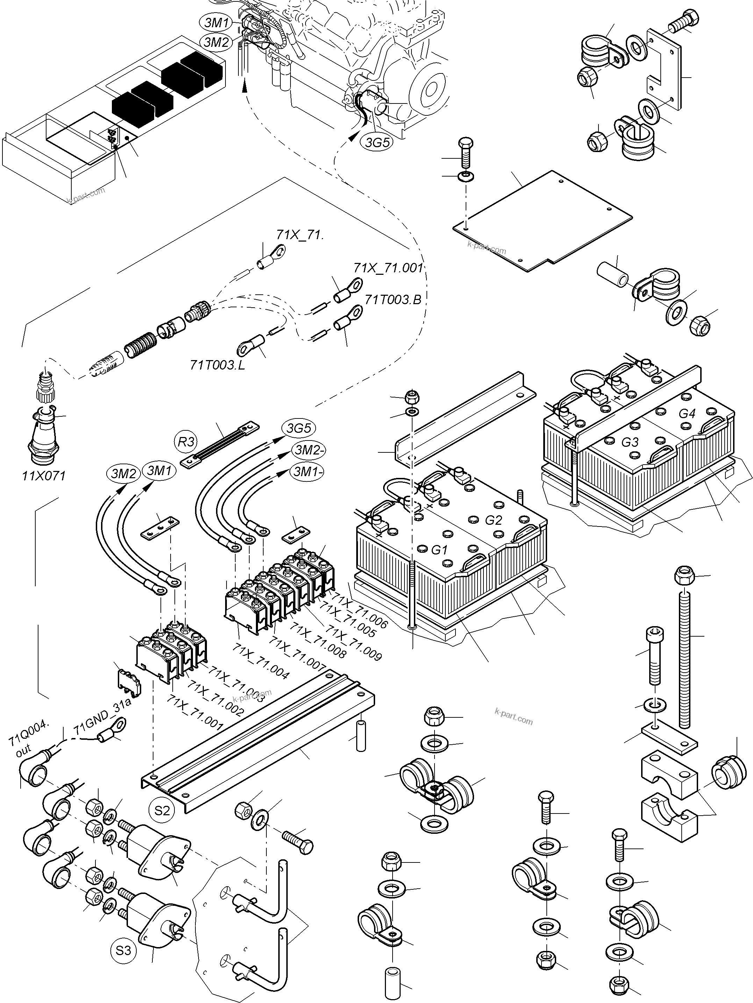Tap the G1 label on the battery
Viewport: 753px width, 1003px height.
coord(439,550)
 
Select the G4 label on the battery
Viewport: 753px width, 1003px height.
coord(687,414)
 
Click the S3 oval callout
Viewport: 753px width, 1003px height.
coord(123,950)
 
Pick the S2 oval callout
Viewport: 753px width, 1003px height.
coord(162,810)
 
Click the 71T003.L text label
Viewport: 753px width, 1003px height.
coord(217,365)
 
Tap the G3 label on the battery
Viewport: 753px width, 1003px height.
coord(629,442)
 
